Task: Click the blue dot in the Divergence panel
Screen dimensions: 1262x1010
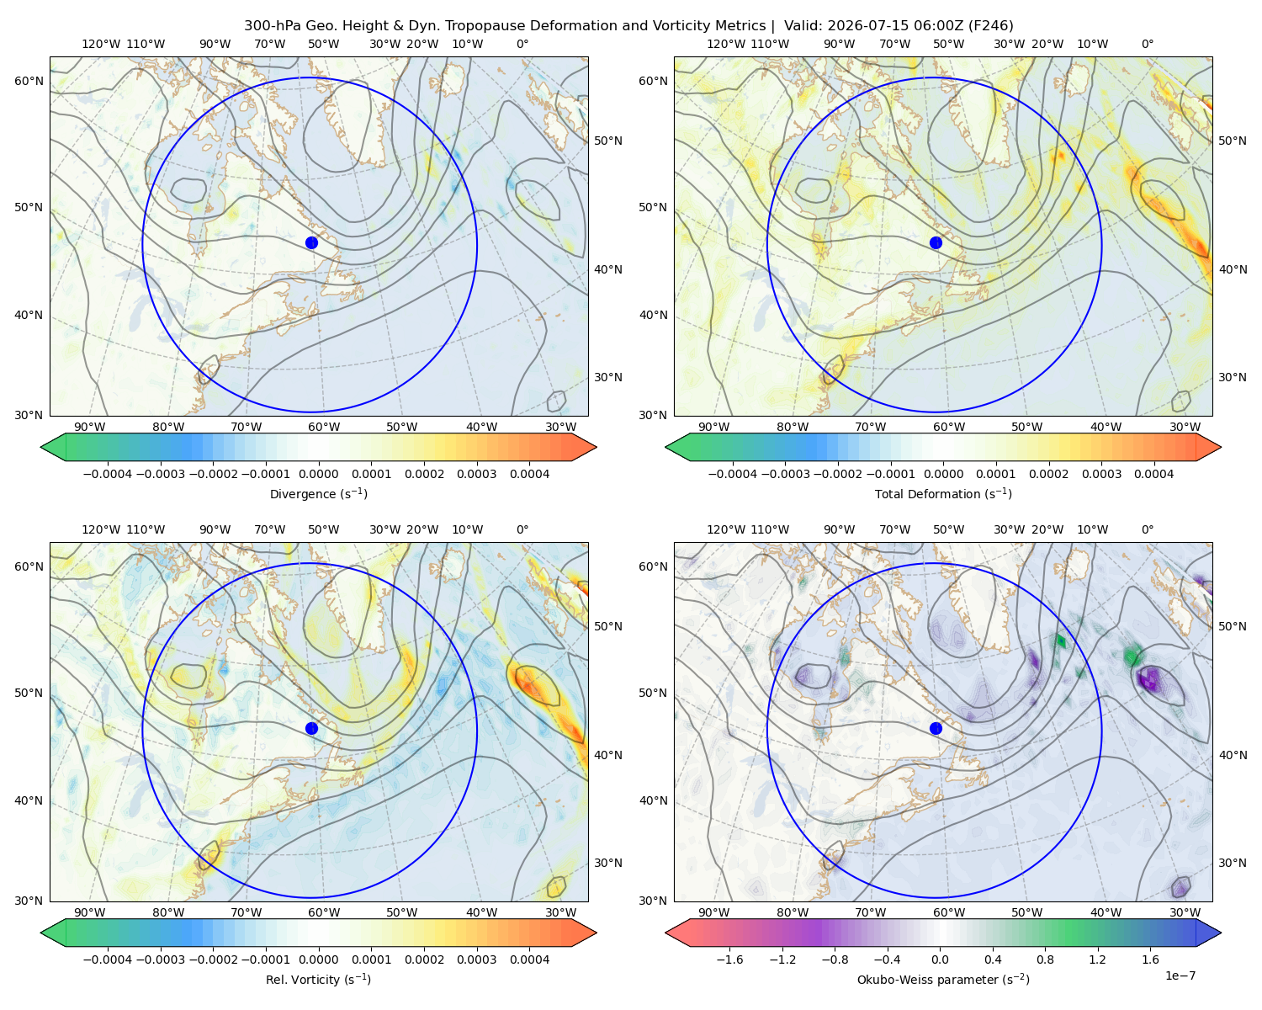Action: [x=311, y=242]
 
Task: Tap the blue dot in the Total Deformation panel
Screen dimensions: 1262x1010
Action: [x=936, y=242]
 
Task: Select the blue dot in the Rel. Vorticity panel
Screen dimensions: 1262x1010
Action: [x=311, y=728]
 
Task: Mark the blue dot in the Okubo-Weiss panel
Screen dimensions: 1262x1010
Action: [x=936, y=728]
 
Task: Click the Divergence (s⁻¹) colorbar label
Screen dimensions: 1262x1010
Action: [x=318, y=493]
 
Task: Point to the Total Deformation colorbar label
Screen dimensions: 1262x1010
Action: [x=943, y=493]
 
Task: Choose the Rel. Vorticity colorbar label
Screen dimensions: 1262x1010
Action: [x=318, y=979]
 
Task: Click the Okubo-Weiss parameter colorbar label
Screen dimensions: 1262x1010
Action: [x=943, y=979]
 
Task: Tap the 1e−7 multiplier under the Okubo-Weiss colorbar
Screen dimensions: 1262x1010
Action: [x=1180, y=975]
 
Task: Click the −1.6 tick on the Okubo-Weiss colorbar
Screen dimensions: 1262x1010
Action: [x=729, y=959]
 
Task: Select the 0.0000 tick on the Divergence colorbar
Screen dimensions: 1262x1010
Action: [x=318, y=474]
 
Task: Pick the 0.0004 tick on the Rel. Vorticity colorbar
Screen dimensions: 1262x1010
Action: [x=529, y=959]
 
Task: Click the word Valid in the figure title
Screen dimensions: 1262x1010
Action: [x=801, y=25]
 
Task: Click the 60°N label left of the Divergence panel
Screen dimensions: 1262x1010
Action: [x=29, y=81]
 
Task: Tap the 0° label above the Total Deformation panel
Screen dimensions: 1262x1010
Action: [x=1147, y=44]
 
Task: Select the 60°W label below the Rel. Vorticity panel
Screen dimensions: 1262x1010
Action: [x=324, y=912]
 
